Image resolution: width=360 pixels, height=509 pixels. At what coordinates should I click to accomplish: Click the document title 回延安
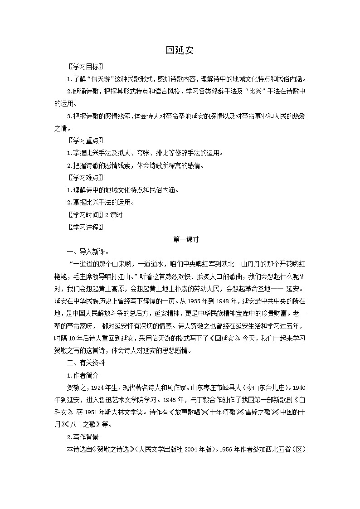point(180,50)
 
